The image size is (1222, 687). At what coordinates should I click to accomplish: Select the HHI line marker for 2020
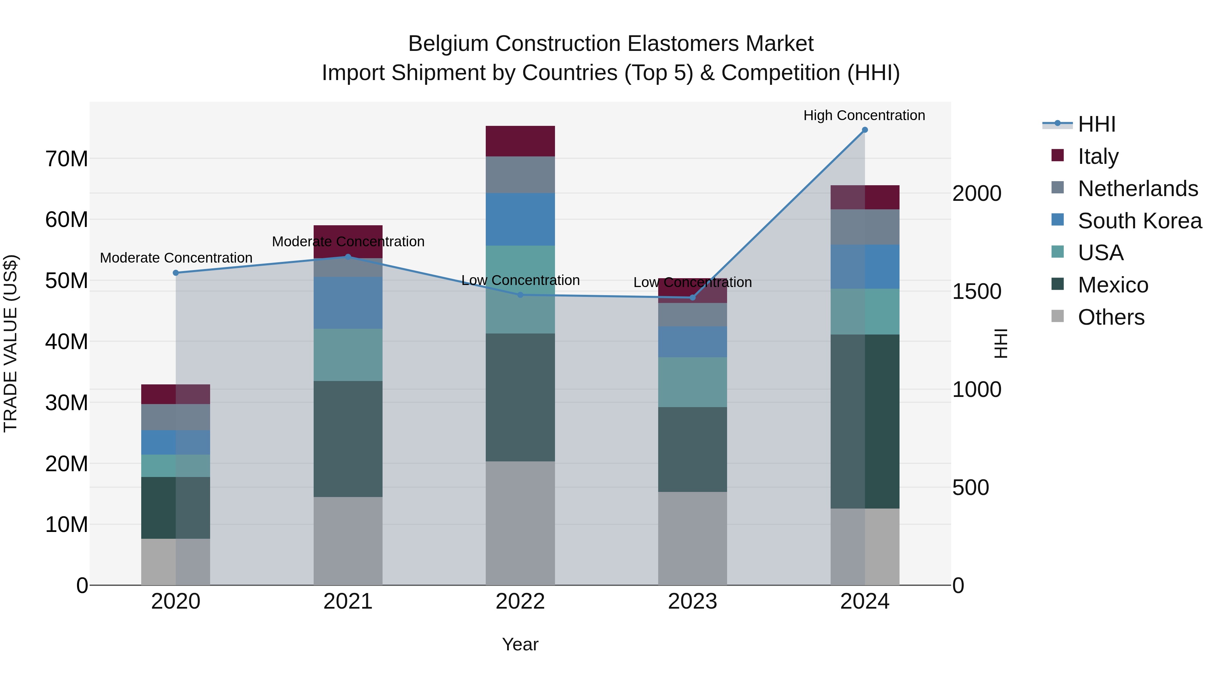pos(175,273)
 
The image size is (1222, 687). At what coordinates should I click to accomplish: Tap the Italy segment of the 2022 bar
pos(520,141)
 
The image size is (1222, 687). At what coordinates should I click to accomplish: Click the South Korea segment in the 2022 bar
pos(520,219)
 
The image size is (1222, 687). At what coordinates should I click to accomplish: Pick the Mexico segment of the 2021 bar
pos(348,439)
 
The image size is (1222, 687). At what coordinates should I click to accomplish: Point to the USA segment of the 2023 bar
pos(692,382)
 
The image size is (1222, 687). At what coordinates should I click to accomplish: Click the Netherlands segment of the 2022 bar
pos(520,174)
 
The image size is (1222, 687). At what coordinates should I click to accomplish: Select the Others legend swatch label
pos(1111,317)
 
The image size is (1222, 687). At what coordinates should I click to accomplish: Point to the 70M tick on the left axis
pos(67,159)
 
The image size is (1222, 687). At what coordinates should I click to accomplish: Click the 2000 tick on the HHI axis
pos(977,193)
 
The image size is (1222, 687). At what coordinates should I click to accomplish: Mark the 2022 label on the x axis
pos(520,602)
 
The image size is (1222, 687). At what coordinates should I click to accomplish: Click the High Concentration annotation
pos(864,115)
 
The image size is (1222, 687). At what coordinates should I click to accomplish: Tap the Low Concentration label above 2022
pos(520,280)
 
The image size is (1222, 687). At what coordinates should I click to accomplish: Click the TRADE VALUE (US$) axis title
pos(11,343)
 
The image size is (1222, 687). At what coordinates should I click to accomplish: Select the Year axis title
pos(520,644)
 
